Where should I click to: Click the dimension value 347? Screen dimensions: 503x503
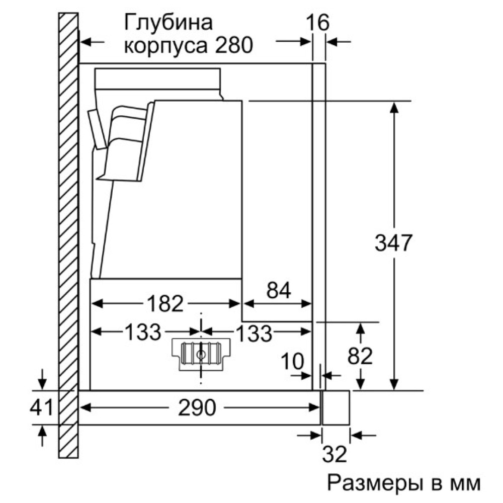(393, 243)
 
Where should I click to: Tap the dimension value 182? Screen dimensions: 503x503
(166, 303)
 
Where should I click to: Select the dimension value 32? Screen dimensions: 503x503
(334, 455)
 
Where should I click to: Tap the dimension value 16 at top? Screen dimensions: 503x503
(317, 23)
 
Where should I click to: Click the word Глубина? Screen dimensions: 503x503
(168, 23)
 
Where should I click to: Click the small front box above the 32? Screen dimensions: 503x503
(336, 407)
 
